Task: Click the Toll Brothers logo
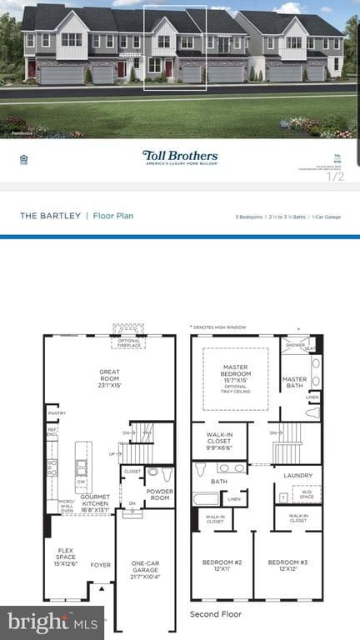click(180, 157)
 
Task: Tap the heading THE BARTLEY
click(51, 216)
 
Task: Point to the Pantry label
click(57, 412)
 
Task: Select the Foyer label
click(100, 564)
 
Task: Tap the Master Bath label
click(294, 382)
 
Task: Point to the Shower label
click(295, 345)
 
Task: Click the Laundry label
click(297, 476)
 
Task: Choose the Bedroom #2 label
click(222, 566)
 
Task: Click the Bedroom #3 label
click(287, 566)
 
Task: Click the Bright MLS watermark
click(52, 622)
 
